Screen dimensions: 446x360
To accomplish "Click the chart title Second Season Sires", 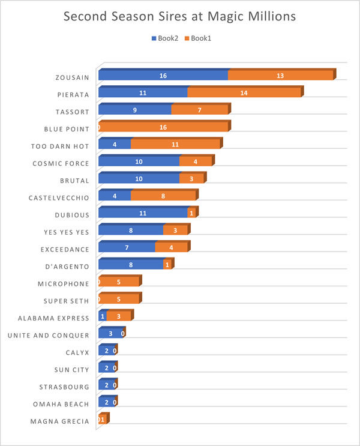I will click(180, 17).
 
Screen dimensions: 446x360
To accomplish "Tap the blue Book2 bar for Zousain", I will click(163, 76).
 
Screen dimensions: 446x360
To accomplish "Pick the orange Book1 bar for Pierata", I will click(244, 93).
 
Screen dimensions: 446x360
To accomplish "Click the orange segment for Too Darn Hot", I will click(175, 145).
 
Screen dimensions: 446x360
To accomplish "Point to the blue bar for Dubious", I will click(143, 214).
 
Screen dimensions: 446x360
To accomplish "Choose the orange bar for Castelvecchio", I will click(163, 196).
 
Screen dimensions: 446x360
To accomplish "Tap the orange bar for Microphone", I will click(119, 282).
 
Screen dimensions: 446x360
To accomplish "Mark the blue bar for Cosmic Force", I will click(139, 162).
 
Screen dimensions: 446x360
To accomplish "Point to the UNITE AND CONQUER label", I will click(53, 335).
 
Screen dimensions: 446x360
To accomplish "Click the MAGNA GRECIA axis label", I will click(59, 421).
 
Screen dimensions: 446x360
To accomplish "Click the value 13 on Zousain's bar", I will click(280, 76).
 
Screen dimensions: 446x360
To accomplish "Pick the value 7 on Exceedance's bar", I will click(127, 248).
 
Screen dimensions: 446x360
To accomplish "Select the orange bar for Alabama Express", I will click(119, 316).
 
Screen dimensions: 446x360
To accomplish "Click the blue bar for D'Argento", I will click(130, 265).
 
